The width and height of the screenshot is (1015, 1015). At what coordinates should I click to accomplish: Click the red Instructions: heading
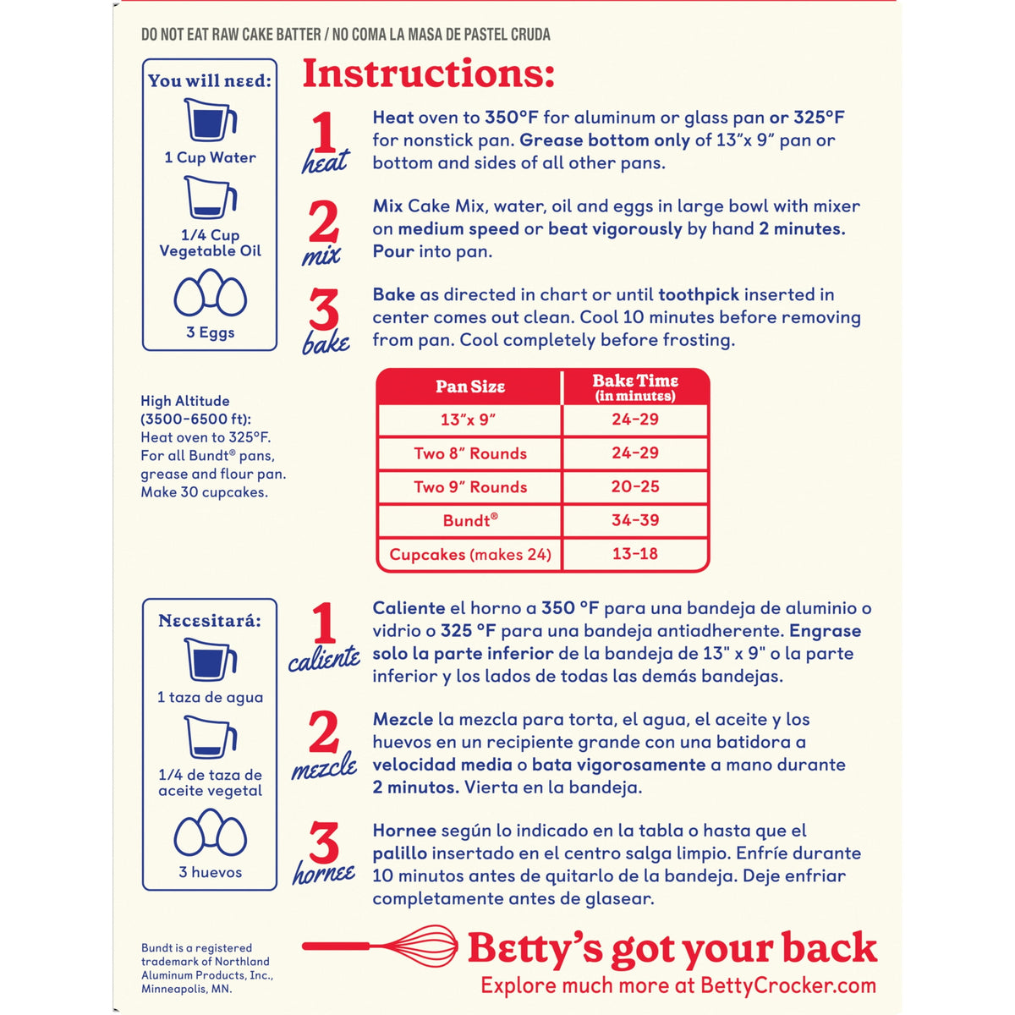point(428,74)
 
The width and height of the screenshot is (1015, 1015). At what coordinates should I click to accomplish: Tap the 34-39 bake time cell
point(634,520)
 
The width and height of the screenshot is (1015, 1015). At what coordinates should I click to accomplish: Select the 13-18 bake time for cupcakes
point(634,553)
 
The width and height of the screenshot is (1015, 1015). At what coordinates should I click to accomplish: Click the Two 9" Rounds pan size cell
point(470,486)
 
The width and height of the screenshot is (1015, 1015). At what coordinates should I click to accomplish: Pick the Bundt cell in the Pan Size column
point(470,520)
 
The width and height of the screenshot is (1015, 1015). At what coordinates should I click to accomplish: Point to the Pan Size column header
point(470,387)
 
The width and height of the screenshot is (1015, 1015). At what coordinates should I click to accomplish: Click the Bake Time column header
point(634,387)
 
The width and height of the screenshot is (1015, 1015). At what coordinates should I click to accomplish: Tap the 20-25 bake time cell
point(634,486)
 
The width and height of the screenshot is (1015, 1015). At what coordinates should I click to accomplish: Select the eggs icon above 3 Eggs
point(210,293)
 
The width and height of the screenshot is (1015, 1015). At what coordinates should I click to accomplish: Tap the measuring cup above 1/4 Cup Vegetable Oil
point(210,197)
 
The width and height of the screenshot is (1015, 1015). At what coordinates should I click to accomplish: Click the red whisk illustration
point(379,946)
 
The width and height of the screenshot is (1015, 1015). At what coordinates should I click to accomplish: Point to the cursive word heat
point(325,161)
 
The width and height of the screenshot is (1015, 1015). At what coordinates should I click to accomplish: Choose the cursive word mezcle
point(324,767)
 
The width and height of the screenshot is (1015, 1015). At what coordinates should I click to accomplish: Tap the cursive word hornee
point(324,874)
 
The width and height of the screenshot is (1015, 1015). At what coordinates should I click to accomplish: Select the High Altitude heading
point(196,409)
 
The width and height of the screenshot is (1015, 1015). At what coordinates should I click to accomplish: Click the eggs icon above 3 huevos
point(210,832)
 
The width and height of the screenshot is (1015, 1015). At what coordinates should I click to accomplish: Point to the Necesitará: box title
point(210,621)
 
